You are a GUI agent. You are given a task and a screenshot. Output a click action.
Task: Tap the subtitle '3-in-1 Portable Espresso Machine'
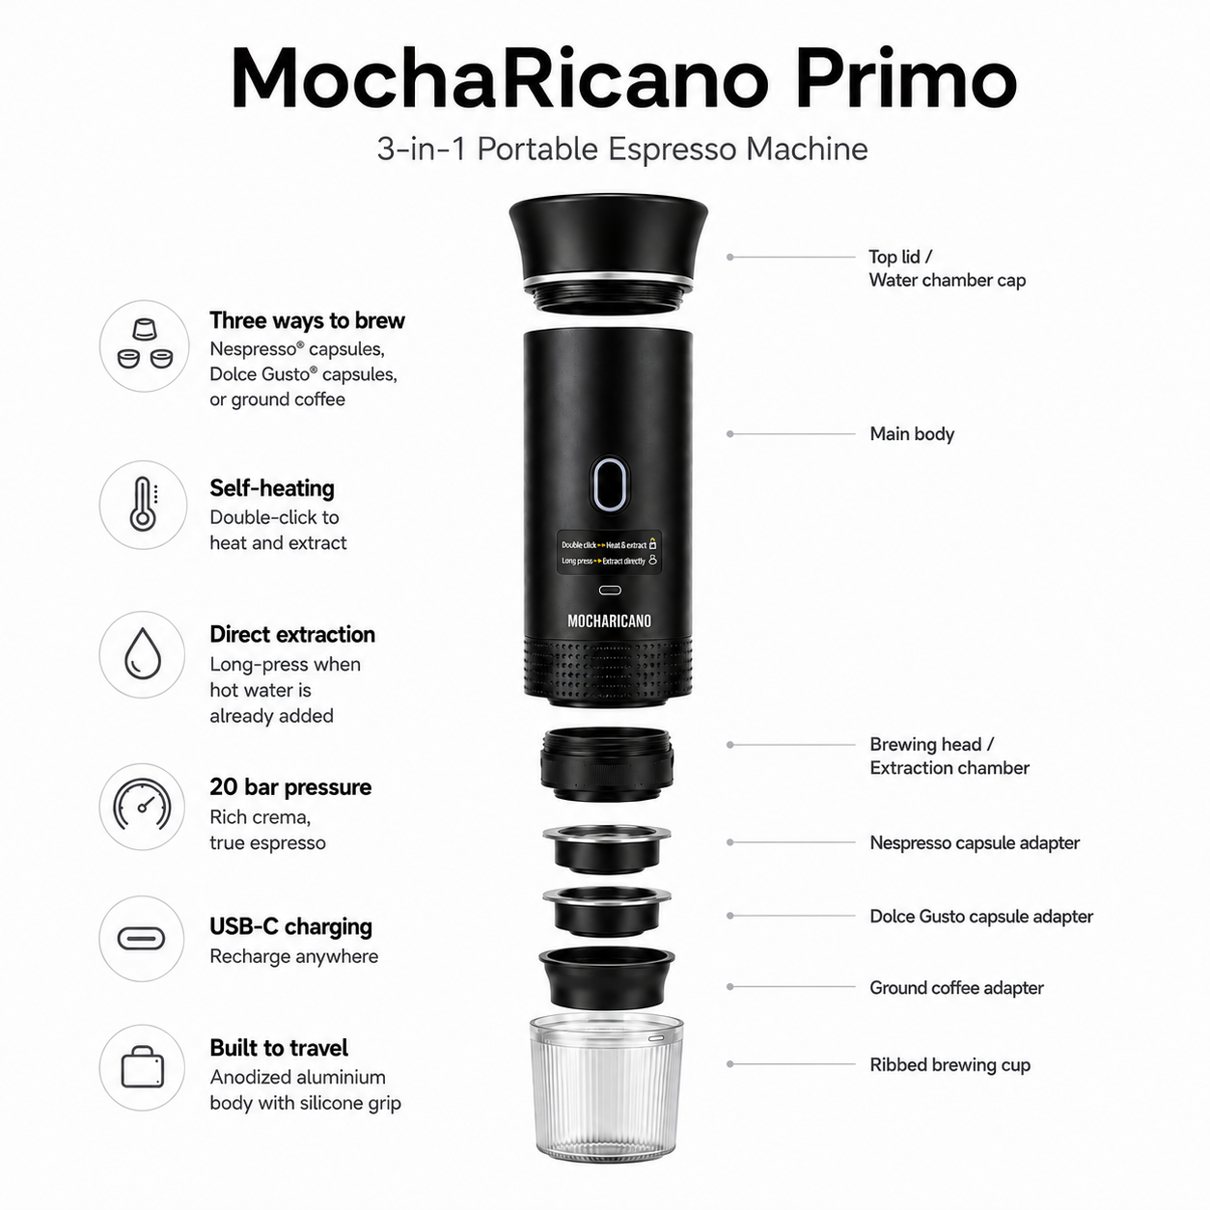coord(622,150)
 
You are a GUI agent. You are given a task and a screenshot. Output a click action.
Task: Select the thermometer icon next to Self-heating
coord(144,505)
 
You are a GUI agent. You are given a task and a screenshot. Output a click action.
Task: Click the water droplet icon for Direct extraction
coord(143,653)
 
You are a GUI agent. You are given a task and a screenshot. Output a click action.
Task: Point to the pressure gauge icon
coord(142,805)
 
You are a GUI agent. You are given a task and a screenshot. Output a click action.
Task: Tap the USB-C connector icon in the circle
coord(141,939)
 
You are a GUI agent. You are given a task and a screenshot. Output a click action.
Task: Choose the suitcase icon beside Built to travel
coord(143,1067)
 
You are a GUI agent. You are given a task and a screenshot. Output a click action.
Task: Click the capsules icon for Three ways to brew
coord(145,344)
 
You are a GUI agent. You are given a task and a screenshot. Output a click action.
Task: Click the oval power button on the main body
coord(609,484)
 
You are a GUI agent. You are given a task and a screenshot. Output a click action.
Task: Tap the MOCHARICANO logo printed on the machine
coord(609,621)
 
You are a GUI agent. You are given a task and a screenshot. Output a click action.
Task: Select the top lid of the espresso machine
coord(608,251)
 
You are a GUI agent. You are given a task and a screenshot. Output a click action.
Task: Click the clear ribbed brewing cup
coord(607,1086)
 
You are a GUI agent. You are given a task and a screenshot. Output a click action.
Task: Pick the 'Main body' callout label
coord(912,434)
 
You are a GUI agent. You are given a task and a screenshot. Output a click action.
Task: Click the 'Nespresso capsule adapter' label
coord(975,842)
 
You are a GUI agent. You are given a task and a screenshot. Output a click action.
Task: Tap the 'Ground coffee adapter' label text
coord(956,988)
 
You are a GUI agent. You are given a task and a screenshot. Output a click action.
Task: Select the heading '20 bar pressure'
coord(290,787)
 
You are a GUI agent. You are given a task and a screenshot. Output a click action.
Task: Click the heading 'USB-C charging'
coord(290,927)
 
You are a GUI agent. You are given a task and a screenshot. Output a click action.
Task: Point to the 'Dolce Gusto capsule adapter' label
coord(981,917)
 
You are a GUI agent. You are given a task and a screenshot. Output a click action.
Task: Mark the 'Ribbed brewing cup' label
coord(950,1065)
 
